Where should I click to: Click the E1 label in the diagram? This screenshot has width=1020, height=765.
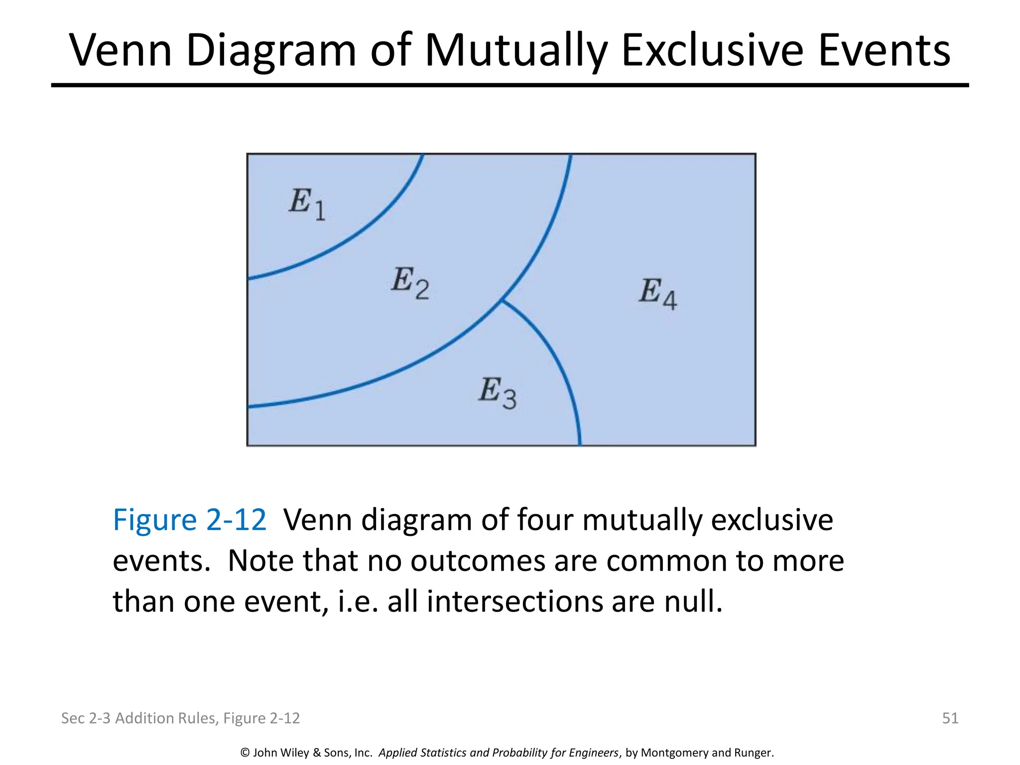[307, 204]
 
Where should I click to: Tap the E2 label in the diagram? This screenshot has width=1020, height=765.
[410, 282]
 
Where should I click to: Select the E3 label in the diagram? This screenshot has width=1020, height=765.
[498, 393]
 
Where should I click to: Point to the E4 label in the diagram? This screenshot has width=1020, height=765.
[658, 294]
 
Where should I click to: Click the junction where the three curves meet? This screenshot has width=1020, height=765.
[502, 300]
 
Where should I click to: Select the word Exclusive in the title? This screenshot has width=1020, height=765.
[712, 50]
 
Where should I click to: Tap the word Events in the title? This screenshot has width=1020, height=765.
[884, 50]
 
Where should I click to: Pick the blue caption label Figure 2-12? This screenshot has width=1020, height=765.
[190, 520]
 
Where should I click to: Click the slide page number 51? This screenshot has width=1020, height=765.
[950, 718]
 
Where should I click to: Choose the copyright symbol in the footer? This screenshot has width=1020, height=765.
[245, 753]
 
